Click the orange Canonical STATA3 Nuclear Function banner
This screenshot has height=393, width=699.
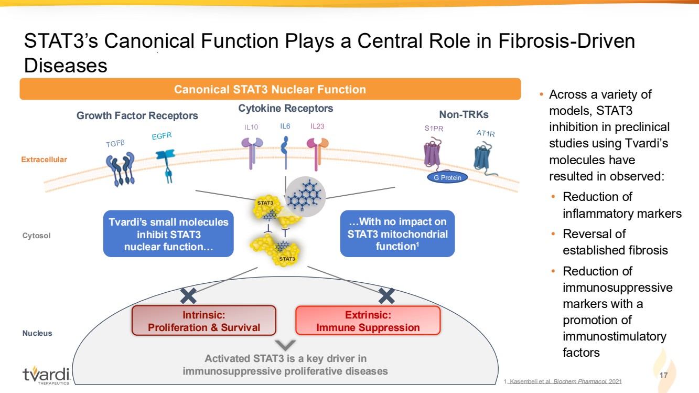pyautogui.click(x=270, y=89)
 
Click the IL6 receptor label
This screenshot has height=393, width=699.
pyautogui.click(x=285, y=126)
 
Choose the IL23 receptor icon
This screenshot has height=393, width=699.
pyautogui.click(x=318, y=152)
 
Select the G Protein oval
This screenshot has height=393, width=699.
pyautogui.click(x=447, y=177)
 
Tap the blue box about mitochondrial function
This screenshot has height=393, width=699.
pyautogui.click(x=397, y=234)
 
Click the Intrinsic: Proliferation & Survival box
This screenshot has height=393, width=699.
pyautogui.click(x=204, y=321)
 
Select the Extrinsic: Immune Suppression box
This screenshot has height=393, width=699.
pyautogui.click(x=368, y=321)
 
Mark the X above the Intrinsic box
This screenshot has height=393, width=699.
pyautogui.click(x=187, y=295)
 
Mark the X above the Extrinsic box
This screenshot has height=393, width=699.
pyautogui.click(x=386, y=295)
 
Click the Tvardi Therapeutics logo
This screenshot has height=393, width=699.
pyautogui.click(x=46, y=376)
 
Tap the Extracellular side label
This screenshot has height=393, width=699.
pyautogui.click(x=44, y=160)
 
